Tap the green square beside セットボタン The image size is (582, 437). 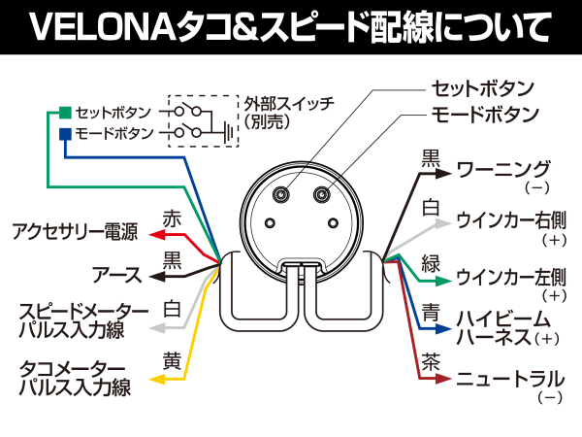click(x=64, y=111)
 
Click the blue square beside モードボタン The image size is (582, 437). click(x=64, y=133)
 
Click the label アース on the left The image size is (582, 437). click(x=114, y=276)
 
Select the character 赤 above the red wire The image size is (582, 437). click(x=173, y=218)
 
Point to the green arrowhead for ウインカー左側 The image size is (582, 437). click(x=444, y=281)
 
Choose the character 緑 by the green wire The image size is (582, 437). click(x=431, y=260)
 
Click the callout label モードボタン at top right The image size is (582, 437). click(x=484, y=114)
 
